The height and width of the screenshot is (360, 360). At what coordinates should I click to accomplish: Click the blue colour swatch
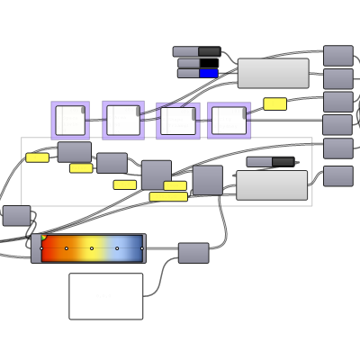click(208, 74)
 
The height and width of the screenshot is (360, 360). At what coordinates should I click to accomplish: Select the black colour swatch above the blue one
click(208, 63)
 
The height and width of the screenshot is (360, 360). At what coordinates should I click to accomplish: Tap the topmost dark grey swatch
click(209, 51)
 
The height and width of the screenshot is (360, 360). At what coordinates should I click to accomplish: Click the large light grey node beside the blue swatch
click(273, 74)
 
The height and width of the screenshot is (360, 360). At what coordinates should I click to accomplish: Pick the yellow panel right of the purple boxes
click(274, 103)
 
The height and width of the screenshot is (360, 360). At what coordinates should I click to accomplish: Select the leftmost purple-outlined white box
click(70, 121)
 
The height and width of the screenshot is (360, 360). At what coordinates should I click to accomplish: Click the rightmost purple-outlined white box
click(229, 121)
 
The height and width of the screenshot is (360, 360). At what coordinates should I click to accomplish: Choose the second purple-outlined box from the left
click(123, 121)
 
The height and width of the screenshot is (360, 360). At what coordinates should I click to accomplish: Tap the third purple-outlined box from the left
click(177, 121)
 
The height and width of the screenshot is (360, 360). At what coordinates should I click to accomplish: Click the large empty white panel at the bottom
click(105, 296)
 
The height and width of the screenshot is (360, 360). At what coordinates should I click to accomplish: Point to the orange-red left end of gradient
click(49, 248)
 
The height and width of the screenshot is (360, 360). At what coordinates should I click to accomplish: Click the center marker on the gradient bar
click(92, 248)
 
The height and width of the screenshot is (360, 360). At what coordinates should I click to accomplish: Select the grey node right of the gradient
click(193, 253)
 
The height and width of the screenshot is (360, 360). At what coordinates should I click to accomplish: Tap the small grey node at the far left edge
click(16, 215)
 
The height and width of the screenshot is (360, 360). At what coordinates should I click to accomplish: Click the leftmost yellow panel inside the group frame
click(37, 157)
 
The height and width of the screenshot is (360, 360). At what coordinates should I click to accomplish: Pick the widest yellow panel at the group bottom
click(168, 196)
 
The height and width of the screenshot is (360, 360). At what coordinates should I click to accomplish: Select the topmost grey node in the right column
click(337, 56)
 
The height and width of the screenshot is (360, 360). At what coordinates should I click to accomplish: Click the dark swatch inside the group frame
click(283, 162)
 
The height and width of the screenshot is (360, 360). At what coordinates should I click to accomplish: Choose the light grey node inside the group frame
click(271, 184)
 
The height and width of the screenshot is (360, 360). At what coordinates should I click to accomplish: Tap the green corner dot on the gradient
click(42, 238)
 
